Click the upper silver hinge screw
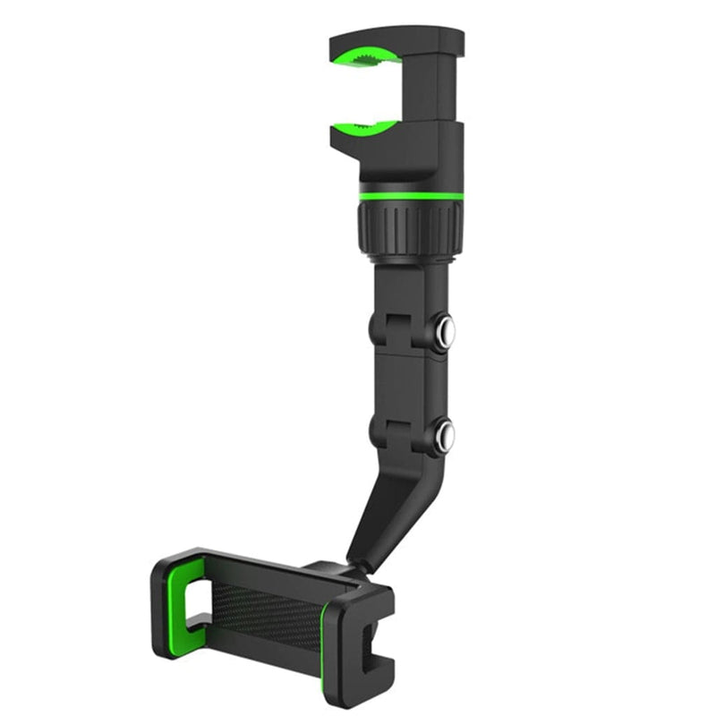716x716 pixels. (x=444, y=333)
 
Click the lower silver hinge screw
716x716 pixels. (x=444, y=436)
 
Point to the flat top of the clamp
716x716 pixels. (x=398, y=38)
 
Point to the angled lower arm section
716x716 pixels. (x=385, y=510)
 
